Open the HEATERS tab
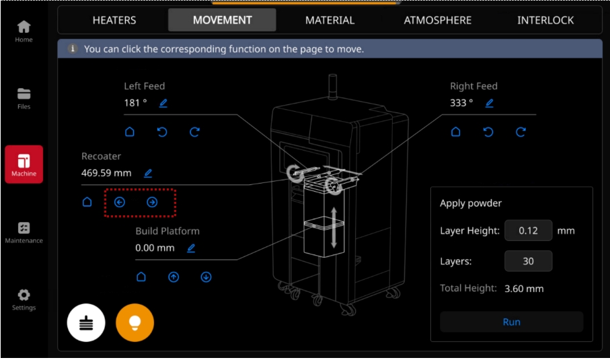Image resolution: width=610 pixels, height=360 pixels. (114, 20)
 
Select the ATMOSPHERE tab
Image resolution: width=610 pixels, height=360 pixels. (437, 20)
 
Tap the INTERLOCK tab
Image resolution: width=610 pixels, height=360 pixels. (545, 20)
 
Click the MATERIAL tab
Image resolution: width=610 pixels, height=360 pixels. (330, 20)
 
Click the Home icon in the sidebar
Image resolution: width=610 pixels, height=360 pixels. (24, 27)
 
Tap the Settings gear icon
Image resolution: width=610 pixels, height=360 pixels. (24, 295)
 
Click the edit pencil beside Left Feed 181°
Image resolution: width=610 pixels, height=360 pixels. (163, 103)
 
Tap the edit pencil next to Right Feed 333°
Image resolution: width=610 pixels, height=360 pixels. (490, 103)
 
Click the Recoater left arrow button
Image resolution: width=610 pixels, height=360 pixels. (120, 202)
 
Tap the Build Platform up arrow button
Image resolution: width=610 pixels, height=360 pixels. (174, 277)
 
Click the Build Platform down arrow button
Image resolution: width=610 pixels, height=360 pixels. (206, 277)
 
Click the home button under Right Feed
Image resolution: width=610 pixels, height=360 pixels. (455, 132)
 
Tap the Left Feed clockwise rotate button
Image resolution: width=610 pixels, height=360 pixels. (194, 132)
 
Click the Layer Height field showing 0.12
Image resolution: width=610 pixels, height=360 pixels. (528, 230)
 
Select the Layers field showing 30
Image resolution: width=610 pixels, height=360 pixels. (528, 261)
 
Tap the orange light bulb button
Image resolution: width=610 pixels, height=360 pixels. (135, 322)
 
